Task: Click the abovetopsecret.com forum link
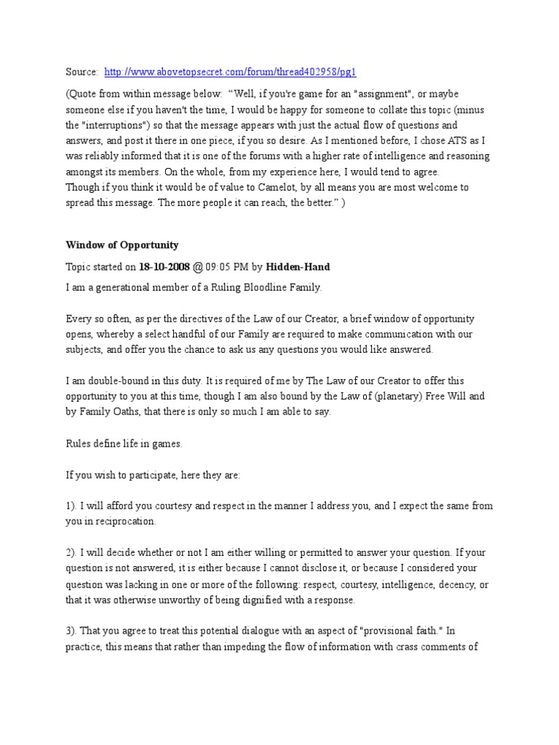pyautogui.click(x=231, y=72)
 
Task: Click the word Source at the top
pyautogui.click(x=81, y=72)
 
